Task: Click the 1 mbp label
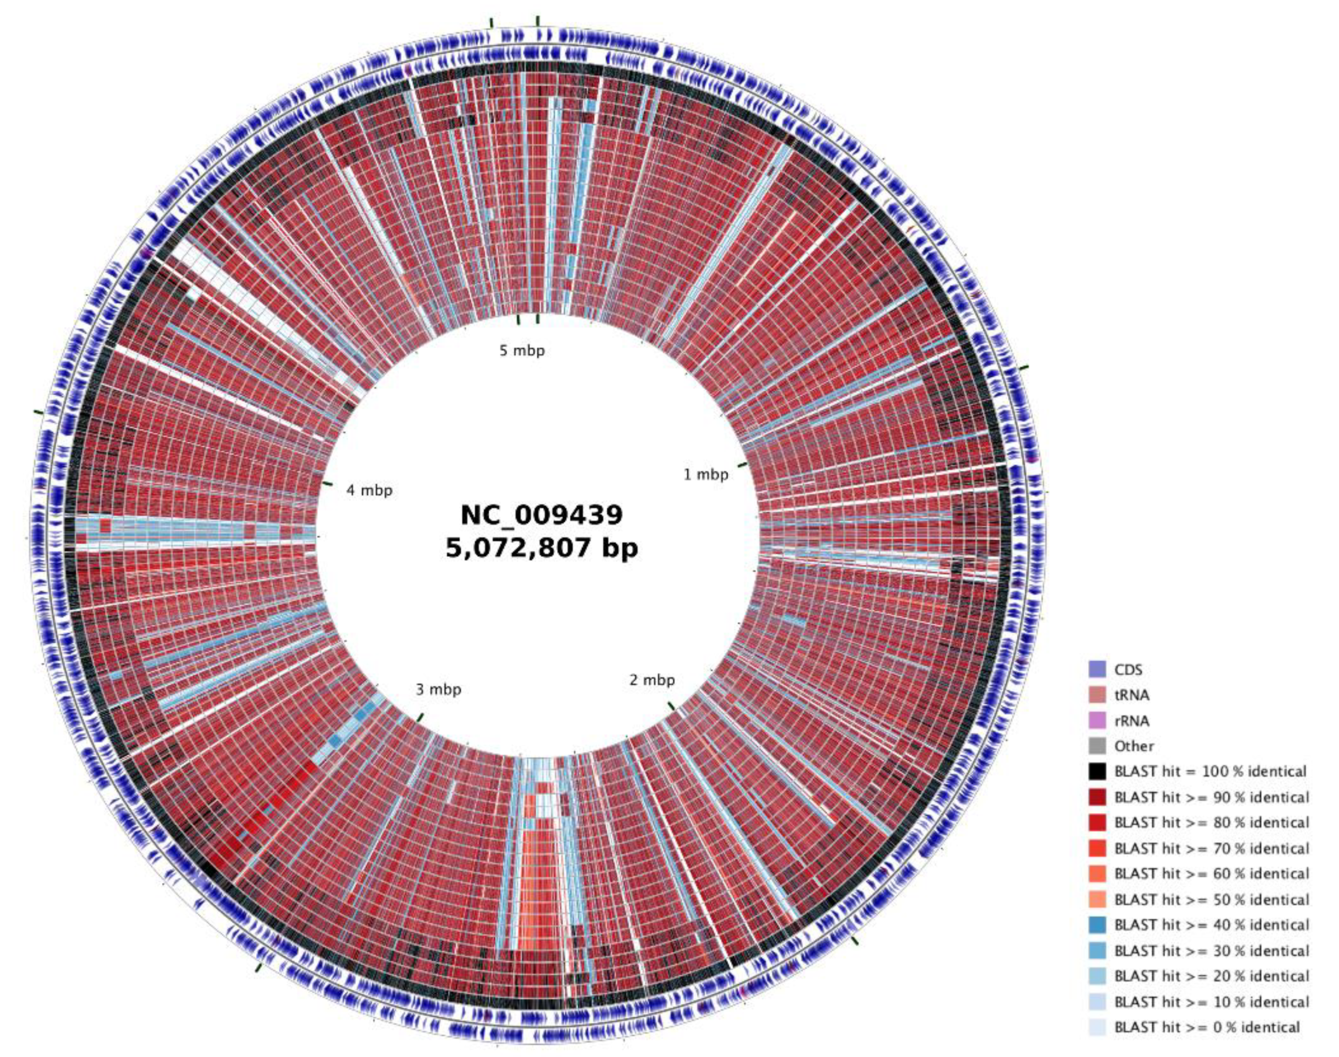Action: coord(705,475)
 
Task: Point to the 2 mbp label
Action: coord(652,680)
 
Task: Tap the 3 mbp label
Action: coord(438,689)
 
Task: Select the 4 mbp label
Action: coord(369,491)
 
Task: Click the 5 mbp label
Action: coord(522,351)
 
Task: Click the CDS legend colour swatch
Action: coord(1097,670)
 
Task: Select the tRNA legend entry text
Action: coord(1132,695)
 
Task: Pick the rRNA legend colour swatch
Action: coord(1097,720)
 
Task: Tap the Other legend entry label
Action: coord(1134,746)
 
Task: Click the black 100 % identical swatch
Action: coord(1097,771)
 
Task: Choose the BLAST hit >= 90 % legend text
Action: coord(1211,797)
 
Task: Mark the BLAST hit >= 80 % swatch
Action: coord(1097,823)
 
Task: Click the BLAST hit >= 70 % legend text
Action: coord(1211,848)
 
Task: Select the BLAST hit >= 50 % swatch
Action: coord(1097,899)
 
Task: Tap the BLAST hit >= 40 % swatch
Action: coord(1097,924)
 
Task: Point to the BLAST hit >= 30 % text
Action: coord(1211,951)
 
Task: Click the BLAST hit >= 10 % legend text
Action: coord(1211,1001)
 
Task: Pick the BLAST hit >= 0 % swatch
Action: coord(1097,1027)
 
